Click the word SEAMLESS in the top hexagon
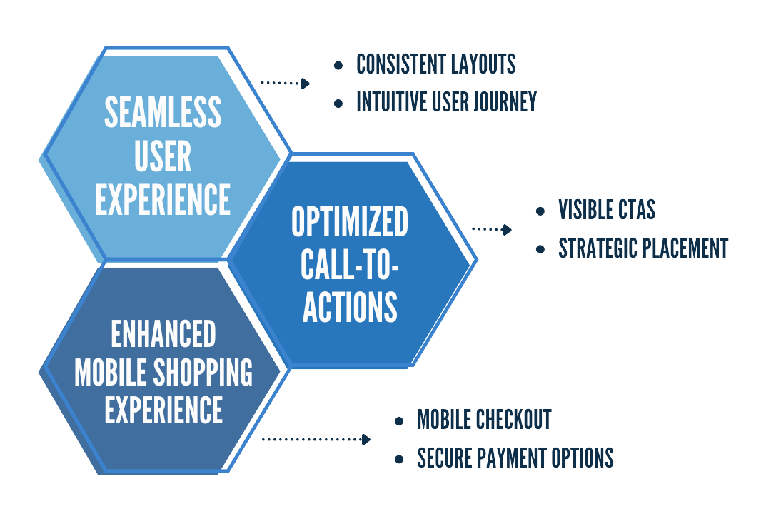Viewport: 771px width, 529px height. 163,112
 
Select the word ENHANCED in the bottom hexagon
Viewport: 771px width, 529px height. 163,333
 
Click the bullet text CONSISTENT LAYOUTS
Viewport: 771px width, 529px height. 435,64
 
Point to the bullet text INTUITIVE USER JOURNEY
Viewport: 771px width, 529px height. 446,102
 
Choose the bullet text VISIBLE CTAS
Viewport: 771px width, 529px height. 607,210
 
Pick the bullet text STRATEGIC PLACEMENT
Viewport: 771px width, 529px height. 643,248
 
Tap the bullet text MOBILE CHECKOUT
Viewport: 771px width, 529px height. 484,420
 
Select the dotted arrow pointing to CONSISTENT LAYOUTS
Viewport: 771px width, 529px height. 285,83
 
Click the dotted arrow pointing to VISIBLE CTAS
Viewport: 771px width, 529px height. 492,230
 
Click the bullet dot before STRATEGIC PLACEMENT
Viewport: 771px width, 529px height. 541,249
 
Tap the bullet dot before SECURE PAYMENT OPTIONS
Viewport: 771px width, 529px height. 399,458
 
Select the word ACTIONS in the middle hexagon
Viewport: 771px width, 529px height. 350,306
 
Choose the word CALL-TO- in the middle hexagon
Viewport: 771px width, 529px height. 350,265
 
